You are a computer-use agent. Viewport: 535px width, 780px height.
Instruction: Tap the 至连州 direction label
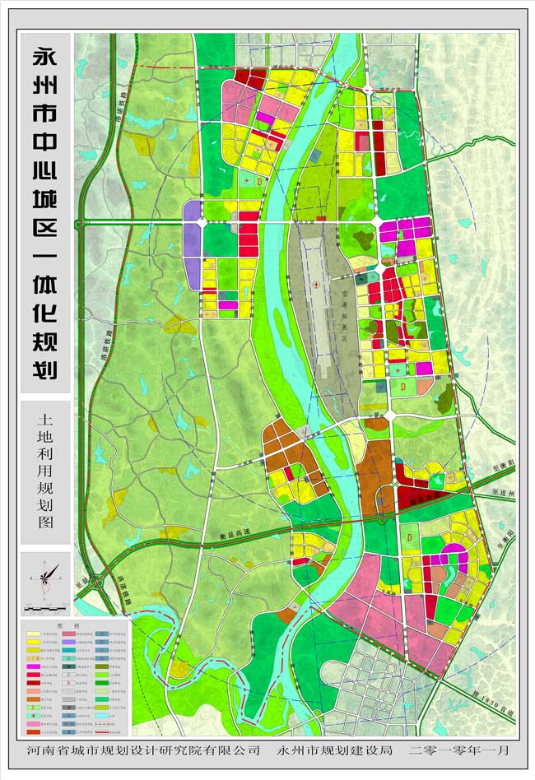501,494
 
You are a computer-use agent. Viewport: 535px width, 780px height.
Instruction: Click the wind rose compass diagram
46,576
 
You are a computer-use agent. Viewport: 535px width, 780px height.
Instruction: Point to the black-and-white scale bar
46,607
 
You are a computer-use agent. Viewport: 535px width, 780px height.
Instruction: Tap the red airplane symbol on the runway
317,283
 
